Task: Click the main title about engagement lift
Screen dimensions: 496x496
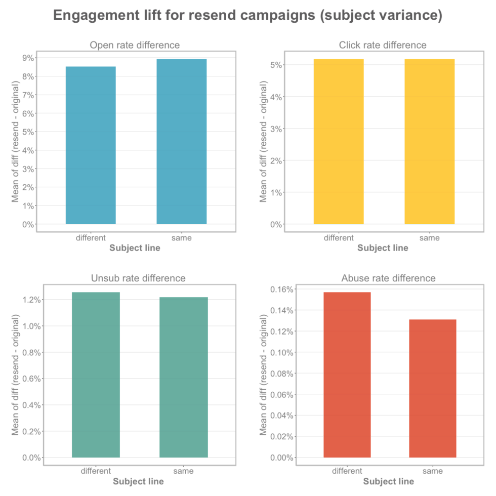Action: pyautogui.click(x=247, y=16)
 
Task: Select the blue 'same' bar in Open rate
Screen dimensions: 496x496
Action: pyautogui.click(x=182, y=141)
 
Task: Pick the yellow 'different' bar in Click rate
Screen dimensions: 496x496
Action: pyautogui.click(x=339, y=141)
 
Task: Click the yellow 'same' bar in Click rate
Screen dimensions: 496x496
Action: pyautogui.click(x=430, y=141)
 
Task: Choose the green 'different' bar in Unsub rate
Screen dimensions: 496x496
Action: pyautogui.click(x=96, y=375)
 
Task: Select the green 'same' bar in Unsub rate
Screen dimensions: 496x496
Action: pyautogui.click(x=184, y=377)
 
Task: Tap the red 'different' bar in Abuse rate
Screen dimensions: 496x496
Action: pyautogui.click(x=347, y=375)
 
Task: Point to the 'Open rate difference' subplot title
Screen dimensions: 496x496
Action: pyautogui.click(x=135, y=45)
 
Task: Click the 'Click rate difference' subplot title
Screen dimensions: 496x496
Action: pyautogui.click(x=383, y=45)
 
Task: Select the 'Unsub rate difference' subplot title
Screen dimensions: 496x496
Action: pyautogui.click(x=138, y=278)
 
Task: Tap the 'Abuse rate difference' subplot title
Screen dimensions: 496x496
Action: pyautogui.click(x=388, y=278)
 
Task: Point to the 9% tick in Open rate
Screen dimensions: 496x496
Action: pyautogui.click(x=28, y=58)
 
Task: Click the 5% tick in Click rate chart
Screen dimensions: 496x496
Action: pyautogui.click(x=276, y=65)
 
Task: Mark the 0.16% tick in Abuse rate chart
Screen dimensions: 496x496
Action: pyautogui.click(x=281, y=290)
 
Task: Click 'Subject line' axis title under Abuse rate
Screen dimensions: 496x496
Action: pyautogui.click(x=388, y=481)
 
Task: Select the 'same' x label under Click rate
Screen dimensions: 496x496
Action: pyautogui.click(x=430, y=238)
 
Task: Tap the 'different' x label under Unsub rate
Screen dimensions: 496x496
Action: pyautogui.click(x=96, y=471)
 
